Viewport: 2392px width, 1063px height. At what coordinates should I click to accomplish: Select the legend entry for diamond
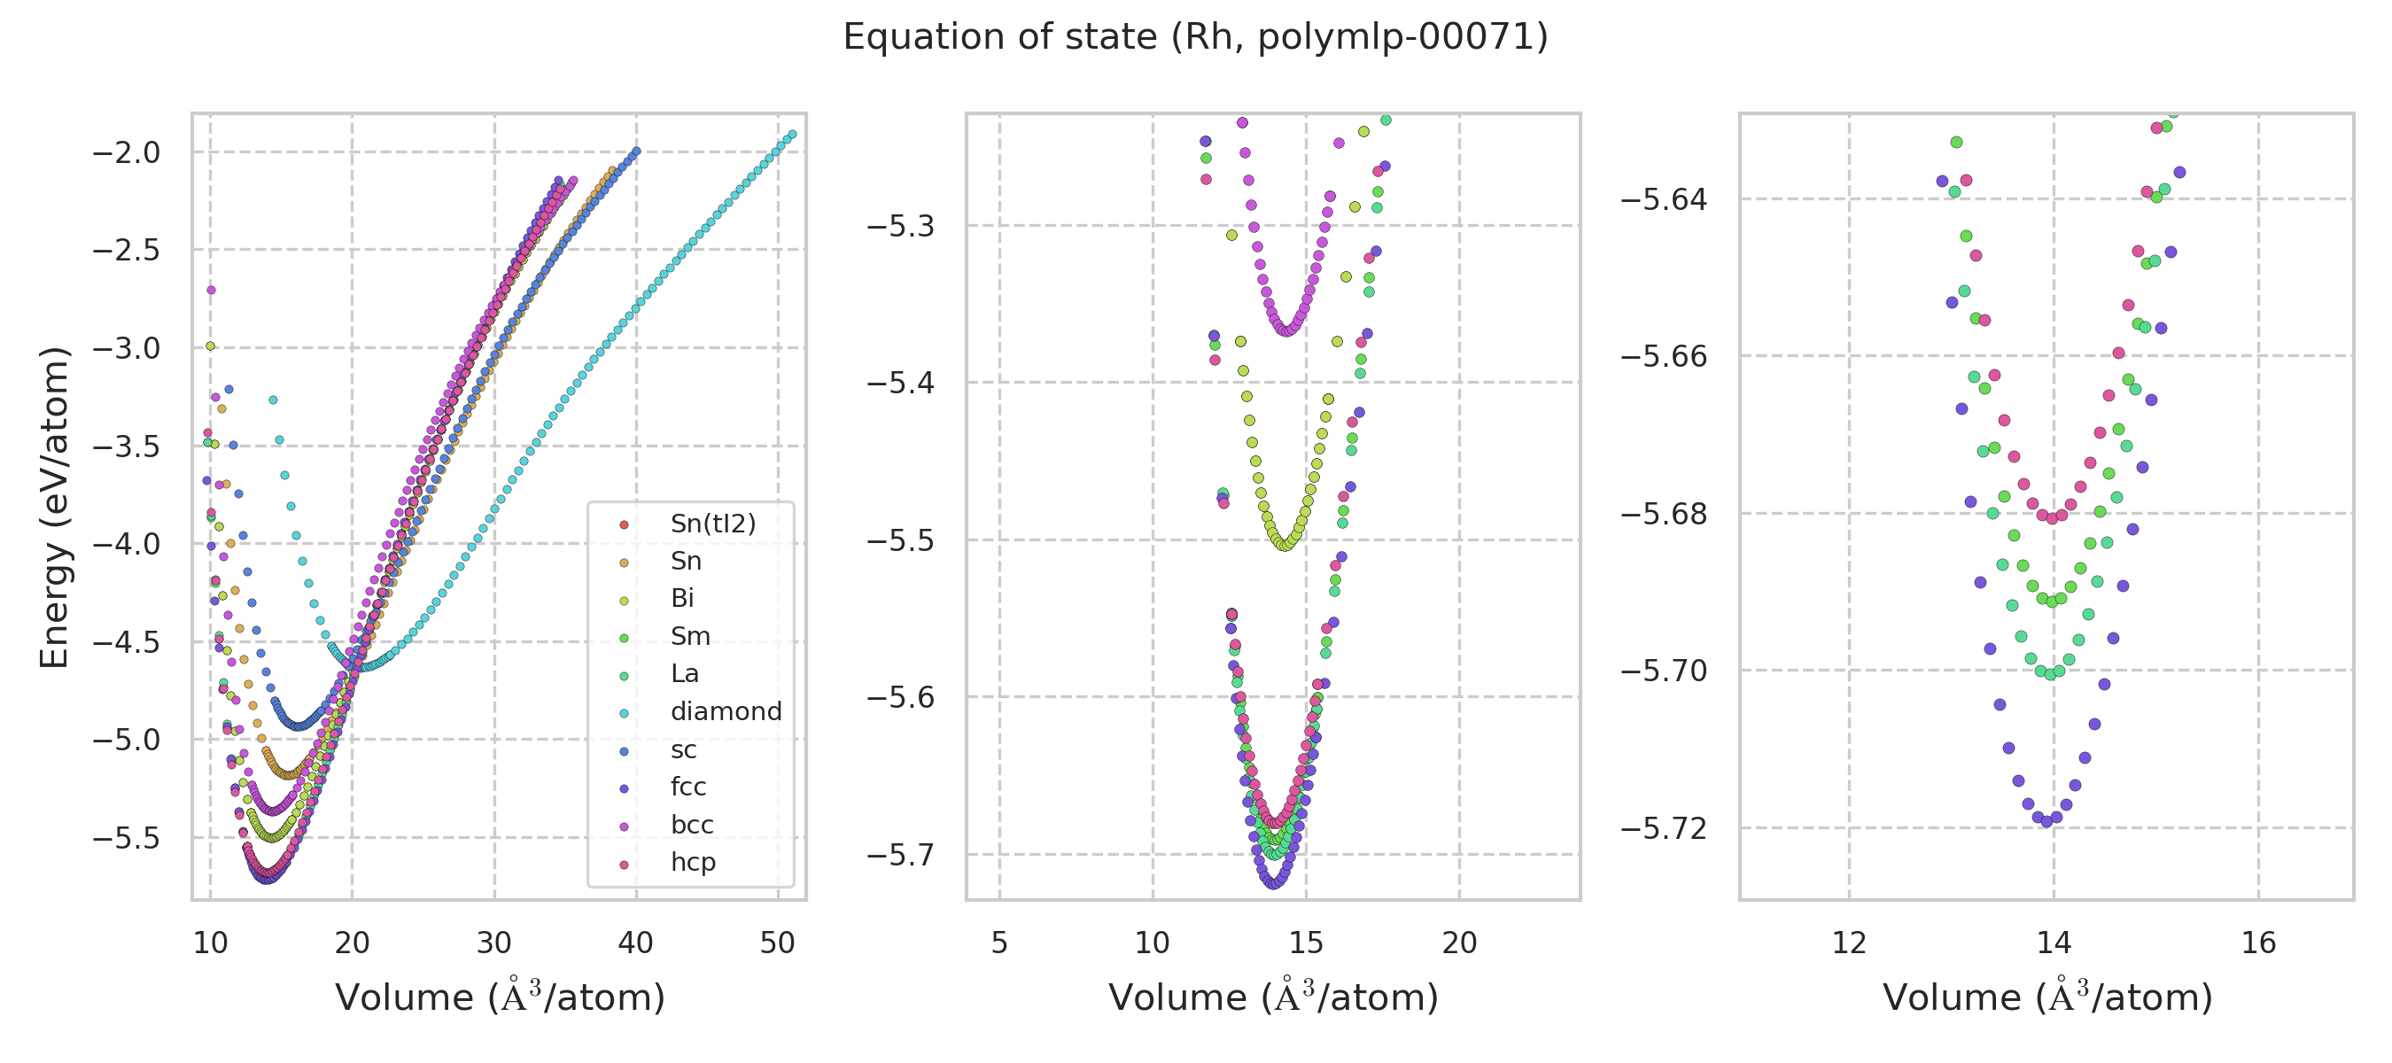726,711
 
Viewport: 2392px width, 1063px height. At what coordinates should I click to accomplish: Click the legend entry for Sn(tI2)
712,524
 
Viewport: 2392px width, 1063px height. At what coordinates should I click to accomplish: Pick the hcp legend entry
693,863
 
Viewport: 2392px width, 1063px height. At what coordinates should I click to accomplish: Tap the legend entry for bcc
692,825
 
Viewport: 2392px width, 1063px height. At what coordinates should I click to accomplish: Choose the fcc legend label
688,787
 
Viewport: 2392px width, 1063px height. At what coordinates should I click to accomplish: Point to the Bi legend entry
681,599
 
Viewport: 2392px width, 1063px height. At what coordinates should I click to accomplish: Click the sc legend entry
682,749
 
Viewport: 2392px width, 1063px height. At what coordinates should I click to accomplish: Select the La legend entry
684,674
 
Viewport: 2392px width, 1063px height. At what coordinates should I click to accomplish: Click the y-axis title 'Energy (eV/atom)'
55,507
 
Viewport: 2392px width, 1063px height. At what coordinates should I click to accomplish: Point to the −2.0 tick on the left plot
127,152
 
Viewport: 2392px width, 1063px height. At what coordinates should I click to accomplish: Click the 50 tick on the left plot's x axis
777,943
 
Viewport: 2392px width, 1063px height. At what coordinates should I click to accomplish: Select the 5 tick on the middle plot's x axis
999,943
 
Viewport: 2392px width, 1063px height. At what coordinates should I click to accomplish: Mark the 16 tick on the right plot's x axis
2258,943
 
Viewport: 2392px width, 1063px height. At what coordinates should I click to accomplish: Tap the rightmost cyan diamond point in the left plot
792,135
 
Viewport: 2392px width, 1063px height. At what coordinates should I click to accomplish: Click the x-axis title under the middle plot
1273,998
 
